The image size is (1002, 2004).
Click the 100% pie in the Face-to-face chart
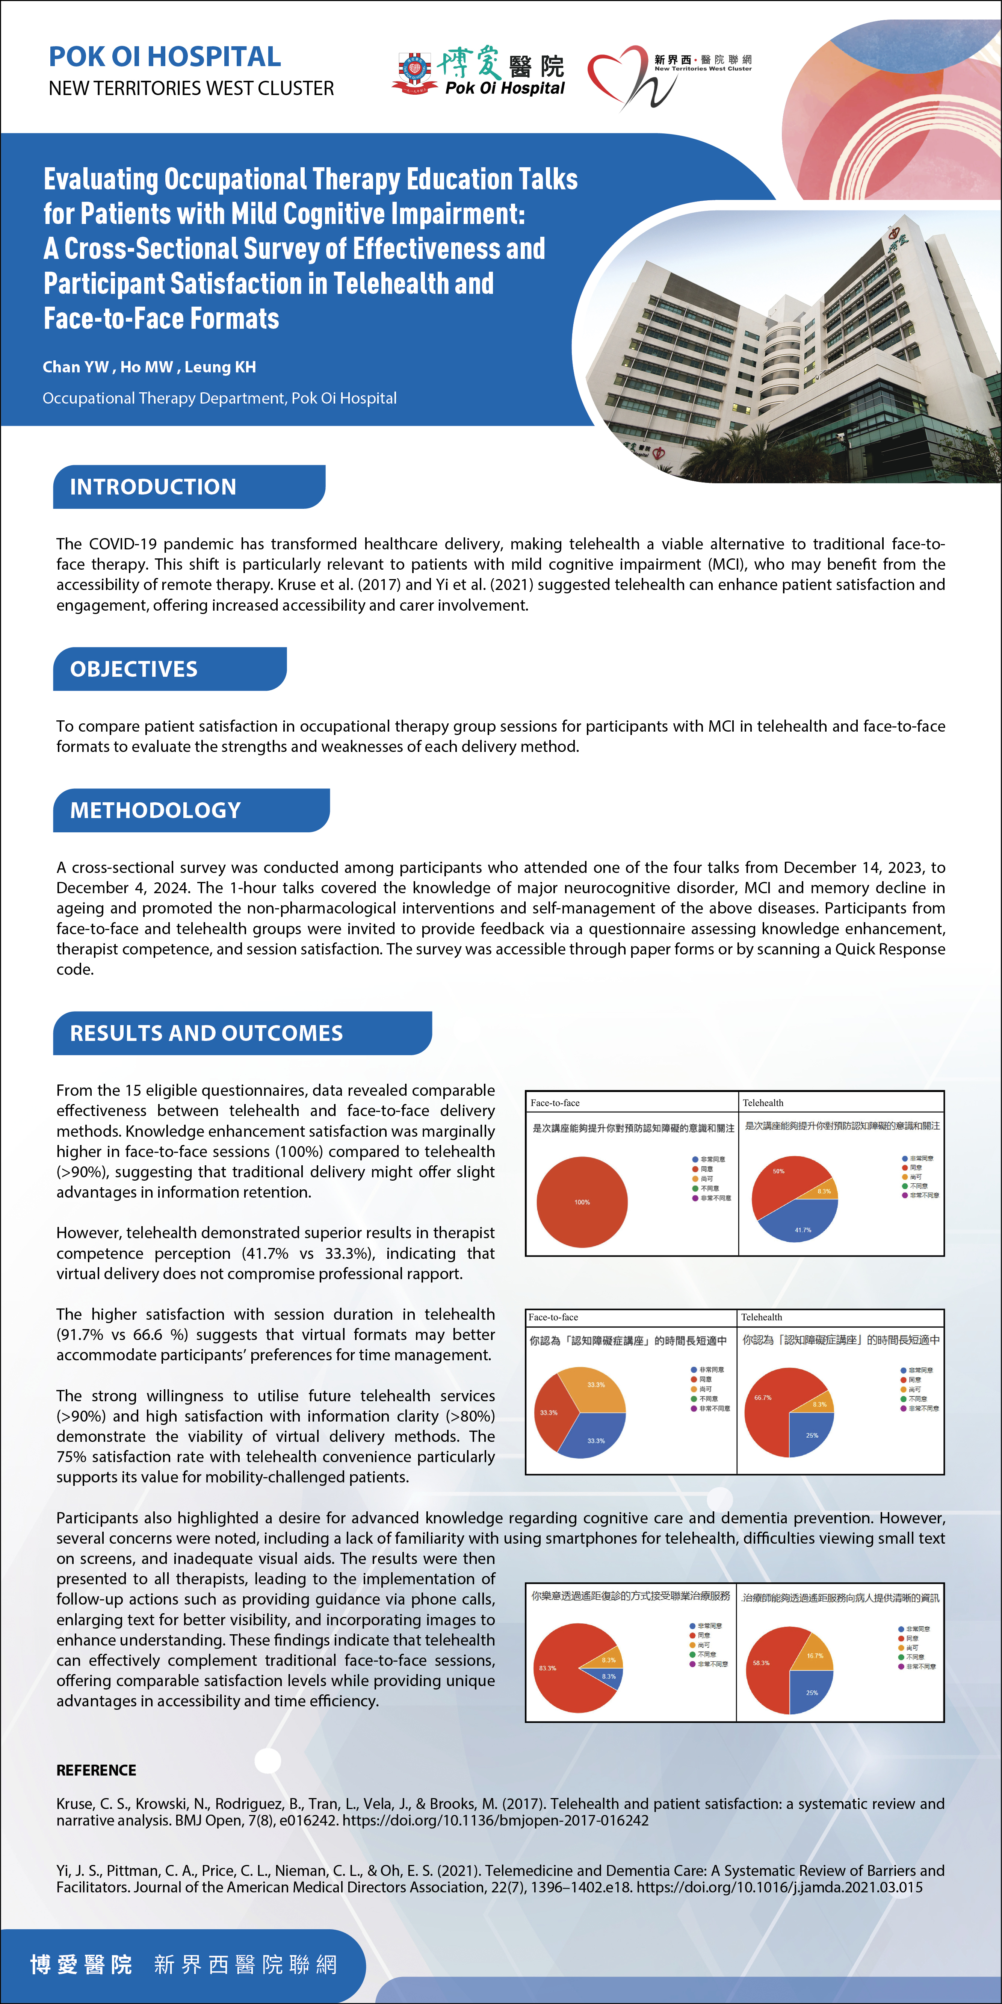click(x=582, y=1202)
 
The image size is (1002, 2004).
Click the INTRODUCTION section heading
click(x=153, y=487)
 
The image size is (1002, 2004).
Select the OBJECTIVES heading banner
click(x=134, y=669)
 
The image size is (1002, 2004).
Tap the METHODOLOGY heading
click(x=156, y=811)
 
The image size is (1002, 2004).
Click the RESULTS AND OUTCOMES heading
click(x=206, y=1033)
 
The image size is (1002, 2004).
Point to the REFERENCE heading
click(x=97, y=1770)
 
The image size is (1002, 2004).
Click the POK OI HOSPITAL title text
click(x=165, y=57)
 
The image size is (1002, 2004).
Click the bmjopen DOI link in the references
click(x=496, y=1820)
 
